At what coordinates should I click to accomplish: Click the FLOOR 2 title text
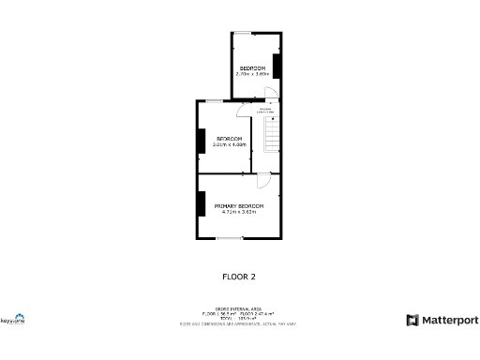click(x=238, y=277)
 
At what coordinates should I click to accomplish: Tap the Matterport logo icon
click(x=412, y=321)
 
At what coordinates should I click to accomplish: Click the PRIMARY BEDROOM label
click(x=238, y=205)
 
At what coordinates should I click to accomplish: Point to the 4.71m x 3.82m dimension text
click(x=238, y=212)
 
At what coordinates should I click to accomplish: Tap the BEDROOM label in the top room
click(x=252, y=68)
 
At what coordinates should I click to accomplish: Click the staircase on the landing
click(x=271, y=136)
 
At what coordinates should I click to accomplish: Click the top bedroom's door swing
click(x=269, y=92)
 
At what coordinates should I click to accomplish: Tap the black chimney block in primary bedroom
click(x=201, y=204)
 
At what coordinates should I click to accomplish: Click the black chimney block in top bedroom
click(x=277, y=66)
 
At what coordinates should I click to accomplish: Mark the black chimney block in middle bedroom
click(x=201, y=140)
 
